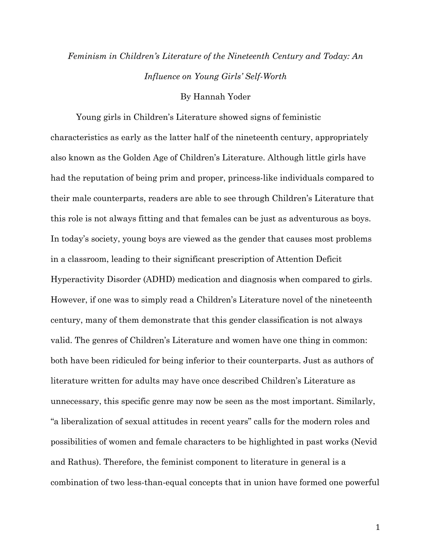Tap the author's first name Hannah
click(x=205, y=97)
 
